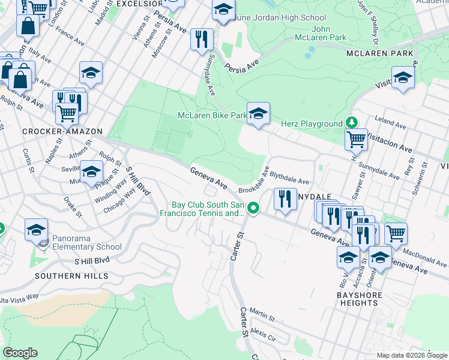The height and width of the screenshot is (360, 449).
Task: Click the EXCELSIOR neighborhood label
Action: pyautogui.click(x=139, y=4)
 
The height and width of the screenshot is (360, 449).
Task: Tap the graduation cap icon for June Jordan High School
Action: pyautogui.click(x=223, y=11)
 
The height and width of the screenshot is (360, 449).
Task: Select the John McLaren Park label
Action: pyautogui.click(x=329, y=33)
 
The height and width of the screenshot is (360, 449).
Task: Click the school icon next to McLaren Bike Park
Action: pyautogui.click(x=258, y=113)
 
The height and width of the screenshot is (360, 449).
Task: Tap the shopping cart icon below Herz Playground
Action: pyautogui.click(x=356, y=139)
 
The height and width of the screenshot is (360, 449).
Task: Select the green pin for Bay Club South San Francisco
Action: pyautogui.click(x=254, y=208)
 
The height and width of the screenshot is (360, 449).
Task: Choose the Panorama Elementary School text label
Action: pyautogui.click(x=86, y=242)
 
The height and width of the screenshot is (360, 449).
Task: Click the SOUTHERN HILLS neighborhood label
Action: pyautogui.click(x=71, y=276)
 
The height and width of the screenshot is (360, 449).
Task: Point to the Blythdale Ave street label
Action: pyautogui.click(x=289, y=178)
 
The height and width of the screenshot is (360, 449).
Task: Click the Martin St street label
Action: pyautogui.click(x=262, y=313)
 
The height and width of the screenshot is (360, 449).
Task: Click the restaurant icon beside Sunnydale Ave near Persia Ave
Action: pyautogui.click(x=201, y=40)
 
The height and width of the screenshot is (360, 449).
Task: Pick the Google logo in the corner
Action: pyautogui.click(x=20, y=353)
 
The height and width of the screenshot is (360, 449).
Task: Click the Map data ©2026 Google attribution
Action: pyautogui.click(x=411, y=355)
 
